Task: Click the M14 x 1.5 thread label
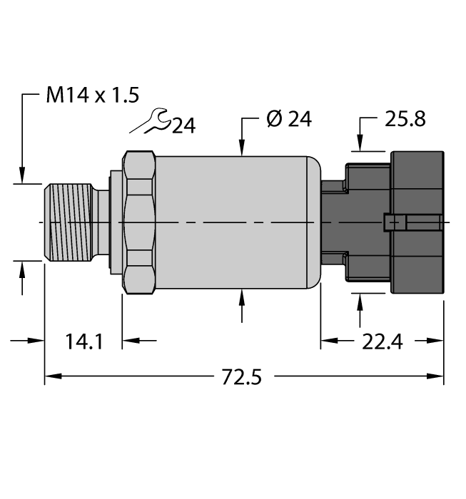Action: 92,96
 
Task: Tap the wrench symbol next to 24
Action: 152,123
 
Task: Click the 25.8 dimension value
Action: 405,119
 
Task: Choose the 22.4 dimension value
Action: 382,341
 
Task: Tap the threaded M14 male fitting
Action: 71,222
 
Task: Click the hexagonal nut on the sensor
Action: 138,222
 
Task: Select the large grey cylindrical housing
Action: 235,222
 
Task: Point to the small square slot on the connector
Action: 390,223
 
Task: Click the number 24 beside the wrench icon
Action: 183,126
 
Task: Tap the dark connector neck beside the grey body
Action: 333,222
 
